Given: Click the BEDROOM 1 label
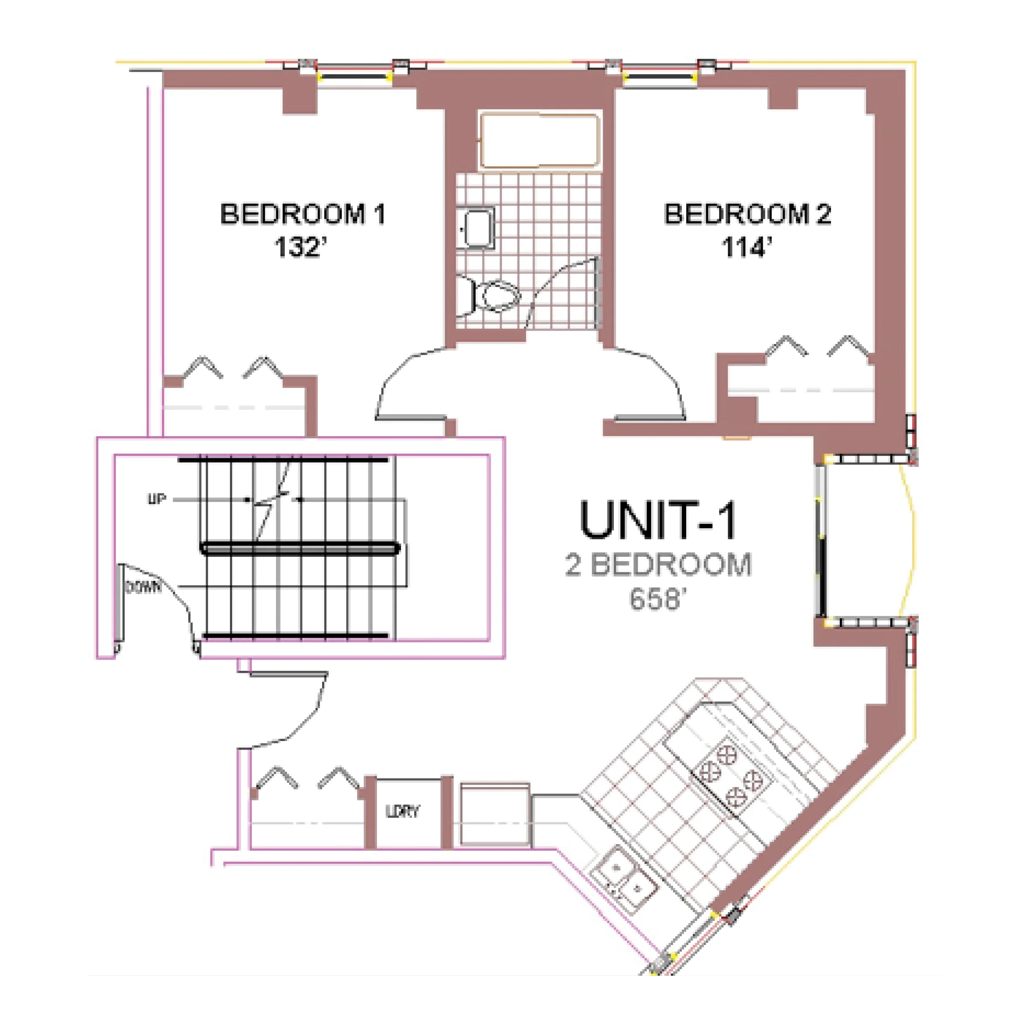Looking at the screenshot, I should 302,215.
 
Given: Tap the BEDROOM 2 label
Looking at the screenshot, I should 747,215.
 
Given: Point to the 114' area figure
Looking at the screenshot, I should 747,248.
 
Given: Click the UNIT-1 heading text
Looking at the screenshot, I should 659,520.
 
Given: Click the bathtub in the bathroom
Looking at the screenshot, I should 540,140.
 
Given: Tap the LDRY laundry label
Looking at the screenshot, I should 402,811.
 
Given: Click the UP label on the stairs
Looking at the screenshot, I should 156,499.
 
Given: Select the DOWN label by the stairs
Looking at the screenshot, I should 143,587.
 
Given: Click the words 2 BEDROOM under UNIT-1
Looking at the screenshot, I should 659,565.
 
